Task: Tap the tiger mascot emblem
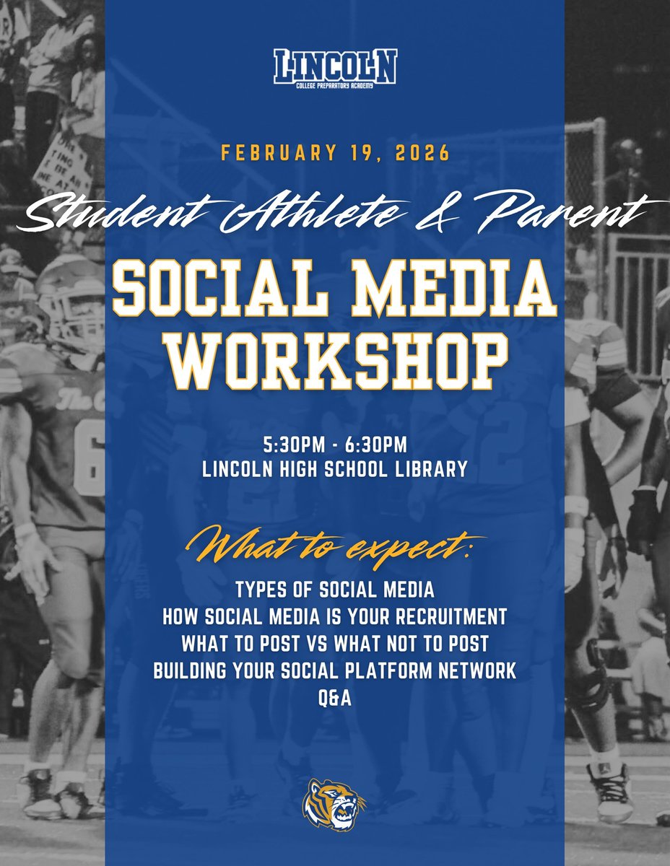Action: click(334, 804)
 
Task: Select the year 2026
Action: click(425, 154)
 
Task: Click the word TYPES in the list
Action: click(261, 590)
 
